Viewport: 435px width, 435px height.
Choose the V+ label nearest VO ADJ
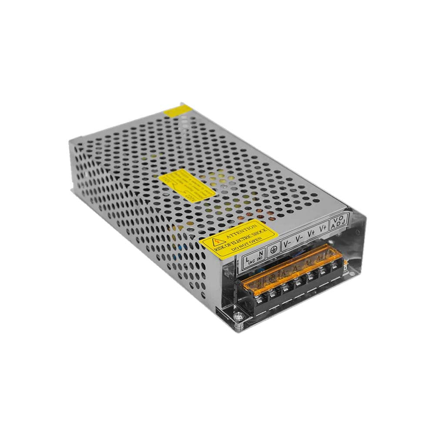tap(323, 228)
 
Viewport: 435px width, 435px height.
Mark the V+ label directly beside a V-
tap(311, 233)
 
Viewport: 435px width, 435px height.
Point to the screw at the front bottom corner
tap(238, 317)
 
